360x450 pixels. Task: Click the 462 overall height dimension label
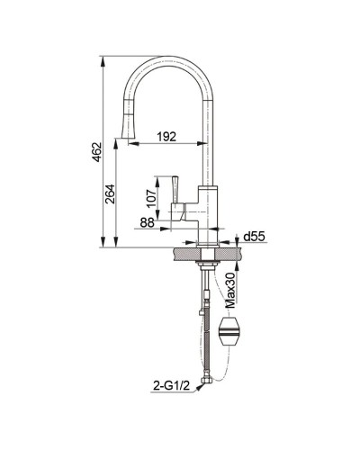tap(97, 152)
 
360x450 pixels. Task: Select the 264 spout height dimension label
tap(110, 193)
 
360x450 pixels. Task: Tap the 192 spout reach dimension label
tap(166, 137)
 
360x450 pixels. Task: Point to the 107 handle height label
tap(151, 197)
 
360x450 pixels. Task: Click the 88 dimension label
tap(147, 222)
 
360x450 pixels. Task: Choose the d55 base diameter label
tap(255, 237)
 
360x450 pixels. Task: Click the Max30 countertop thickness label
tap(230, 290)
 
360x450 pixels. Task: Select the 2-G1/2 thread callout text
tap(172, 386)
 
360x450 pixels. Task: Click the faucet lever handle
tap(175, 189)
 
